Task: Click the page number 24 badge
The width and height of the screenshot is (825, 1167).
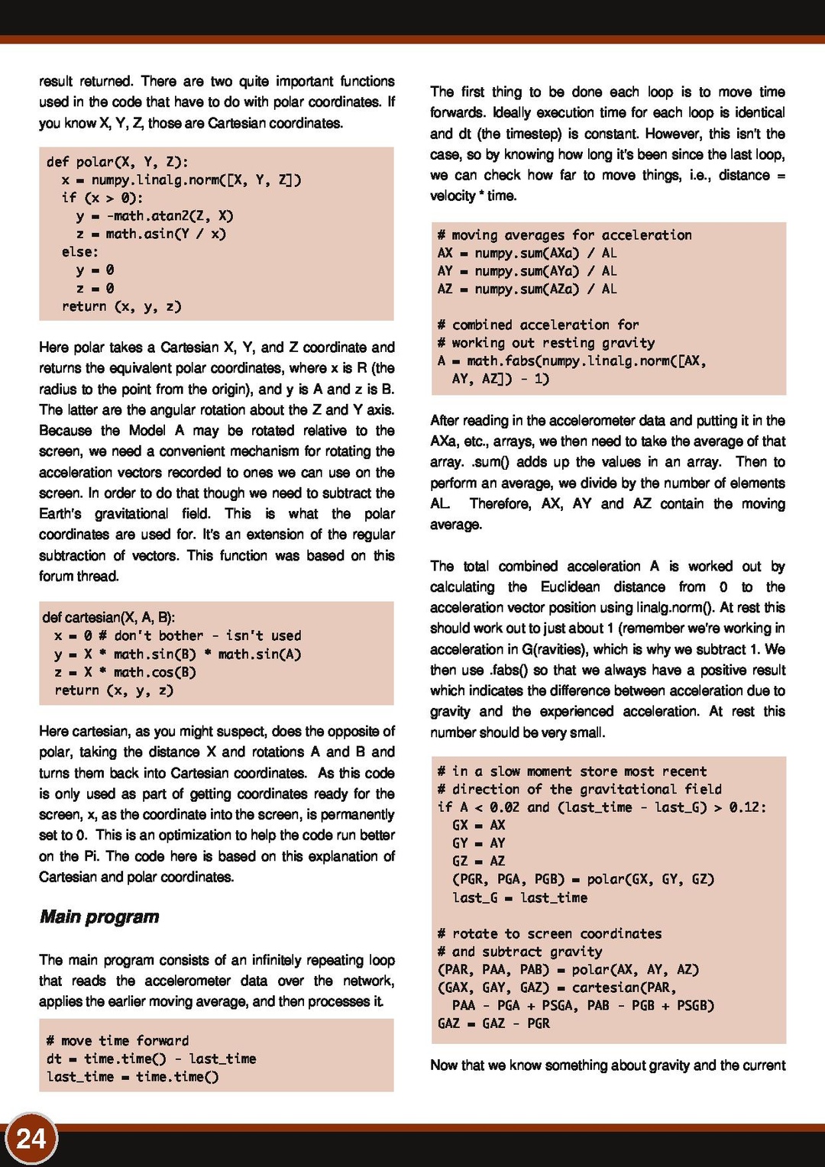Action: click(31, 1139)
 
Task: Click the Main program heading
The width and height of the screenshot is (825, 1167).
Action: click(99, 916)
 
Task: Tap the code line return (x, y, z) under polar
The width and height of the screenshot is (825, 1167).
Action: click(121, 306)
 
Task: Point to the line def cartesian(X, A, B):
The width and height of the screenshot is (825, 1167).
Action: click(108, 617)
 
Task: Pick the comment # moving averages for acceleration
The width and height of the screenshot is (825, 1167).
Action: click(565, 234)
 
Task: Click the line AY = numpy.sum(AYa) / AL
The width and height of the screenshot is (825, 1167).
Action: click(527, 271)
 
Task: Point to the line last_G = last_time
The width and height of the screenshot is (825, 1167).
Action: click(519, 897)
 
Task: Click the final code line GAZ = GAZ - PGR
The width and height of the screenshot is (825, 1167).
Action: click(493, 1023)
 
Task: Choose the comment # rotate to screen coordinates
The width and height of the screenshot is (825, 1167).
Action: click(549, 933)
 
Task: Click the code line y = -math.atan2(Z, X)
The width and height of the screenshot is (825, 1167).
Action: click(154, 216)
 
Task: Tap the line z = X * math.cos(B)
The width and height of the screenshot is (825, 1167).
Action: click(125, 672)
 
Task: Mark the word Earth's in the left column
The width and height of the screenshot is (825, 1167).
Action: click(60, 513)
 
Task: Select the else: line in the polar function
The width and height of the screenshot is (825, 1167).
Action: click(80, 252)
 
